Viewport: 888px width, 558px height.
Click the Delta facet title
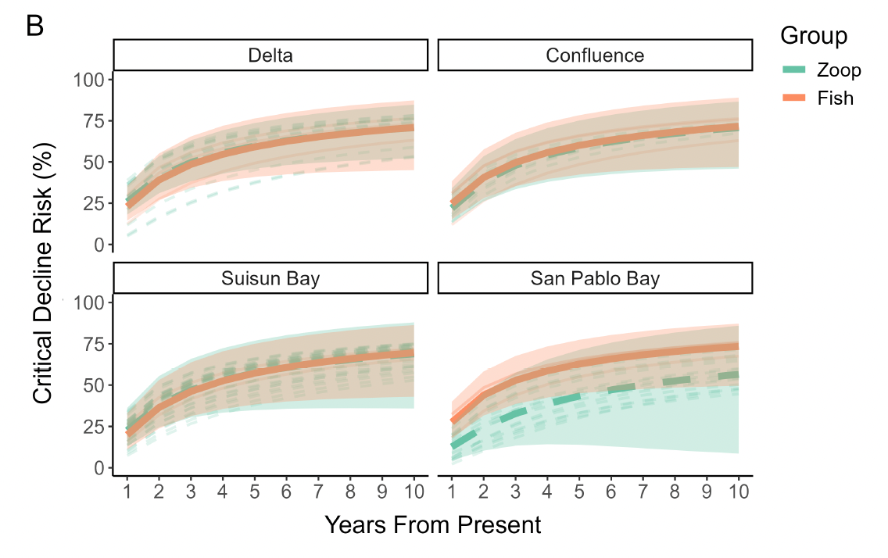point(270,55)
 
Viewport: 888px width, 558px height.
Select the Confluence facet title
point(595,55)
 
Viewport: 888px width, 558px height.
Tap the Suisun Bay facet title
point(270,278)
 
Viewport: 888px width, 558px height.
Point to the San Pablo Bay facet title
point(595,278)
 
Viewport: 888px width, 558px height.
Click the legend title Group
point(814,36)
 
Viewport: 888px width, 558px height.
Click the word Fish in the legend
point(835,98)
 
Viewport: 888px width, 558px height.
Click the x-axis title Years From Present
point(432,525)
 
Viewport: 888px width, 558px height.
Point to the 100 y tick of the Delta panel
point(88,80)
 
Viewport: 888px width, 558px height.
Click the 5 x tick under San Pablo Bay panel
point(578,492)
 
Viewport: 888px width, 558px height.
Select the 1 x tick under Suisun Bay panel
point(127,492)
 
